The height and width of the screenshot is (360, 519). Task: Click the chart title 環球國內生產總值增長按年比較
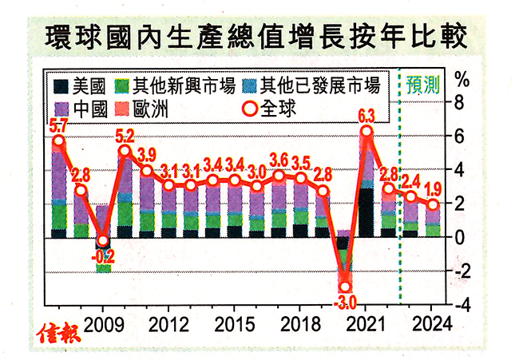pyautogui.click(x=259, y=37)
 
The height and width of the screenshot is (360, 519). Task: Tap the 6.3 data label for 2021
pyautogui.click(x=367, y=113)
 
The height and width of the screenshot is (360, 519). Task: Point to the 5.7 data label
pyautogui.click(x=58, y=125)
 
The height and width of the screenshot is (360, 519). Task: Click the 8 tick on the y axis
pyautogui.click(x=459, y=102)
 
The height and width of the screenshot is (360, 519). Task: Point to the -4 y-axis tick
pyautogui.click(x=457, y=305)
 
